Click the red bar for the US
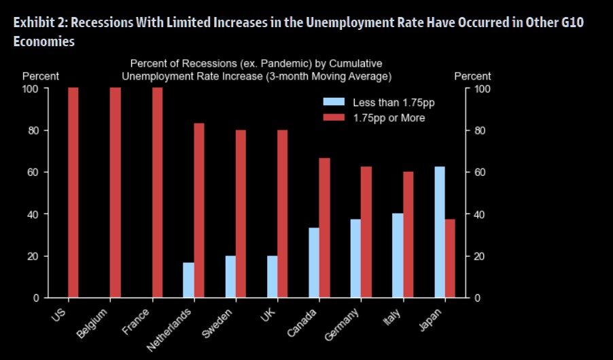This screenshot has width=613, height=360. (x=73, y=193)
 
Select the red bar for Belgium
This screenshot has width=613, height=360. (x=116, y=193)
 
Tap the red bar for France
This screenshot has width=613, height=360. (x=158, y=193)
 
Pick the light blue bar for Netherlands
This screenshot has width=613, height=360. (x=188, y=280)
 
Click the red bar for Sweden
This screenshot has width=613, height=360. (x=241, y=213)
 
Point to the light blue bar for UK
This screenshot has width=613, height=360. (x=273, y=276)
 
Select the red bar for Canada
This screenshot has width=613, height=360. (x=325, y=228)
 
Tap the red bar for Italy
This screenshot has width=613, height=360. (x=408, y=234)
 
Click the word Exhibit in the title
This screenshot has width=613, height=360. (x=32, y=22)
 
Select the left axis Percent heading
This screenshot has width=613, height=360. (x=41, y=76)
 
